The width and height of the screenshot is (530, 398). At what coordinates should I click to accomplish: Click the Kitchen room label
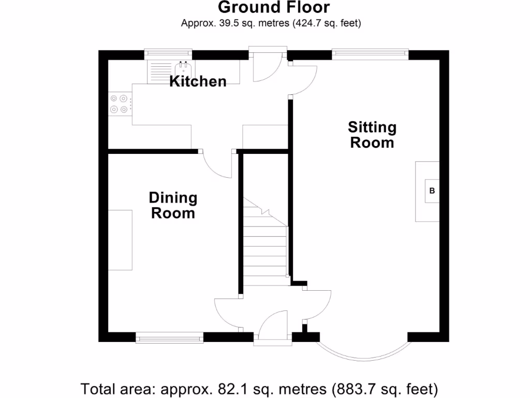pos(198,81)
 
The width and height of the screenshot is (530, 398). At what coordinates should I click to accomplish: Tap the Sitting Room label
pos(372,135)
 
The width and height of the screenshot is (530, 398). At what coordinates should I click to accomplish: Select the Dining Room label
pos(173,205)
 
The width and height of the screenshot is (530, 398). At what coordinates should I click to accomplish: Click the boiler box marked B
pos(432,191)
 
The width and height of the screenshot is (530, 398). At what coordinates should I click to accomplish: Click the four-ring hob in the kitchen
pos(119,103)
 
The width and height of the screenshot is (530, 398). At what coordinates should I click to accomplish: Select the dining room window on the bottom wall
pos(170,338)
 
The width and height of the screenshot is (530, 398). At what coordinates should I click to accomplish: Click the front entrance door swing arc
pos(273,324)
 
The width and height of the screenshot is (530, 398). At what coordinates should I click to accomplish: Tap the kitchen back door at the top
pos(267,65)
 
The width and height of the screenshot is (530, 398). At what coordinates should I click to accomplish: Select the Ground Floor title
pos(273,7)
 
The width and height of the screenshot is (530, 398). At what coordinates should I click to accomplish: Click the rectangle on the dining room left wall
pos(120,239)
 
